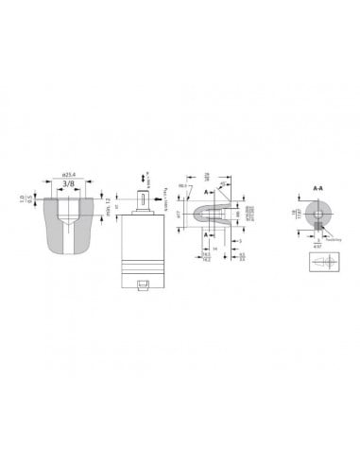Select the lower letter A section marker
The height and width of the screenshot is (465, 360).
[205, 236]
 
